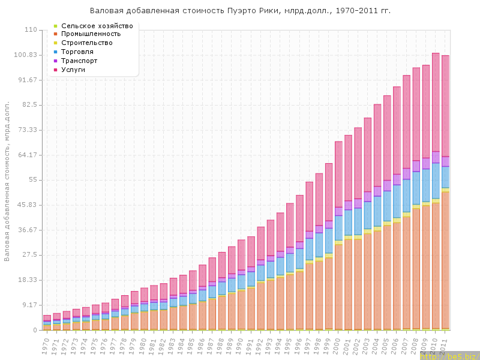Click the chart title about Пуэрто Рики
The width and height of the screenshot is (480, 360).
click(x=240, y=11)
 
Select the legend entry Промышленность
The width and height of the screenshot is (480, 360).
click(x=95, y=34)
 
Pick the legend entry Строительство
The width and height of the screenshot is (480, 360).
click(x=91, y=43)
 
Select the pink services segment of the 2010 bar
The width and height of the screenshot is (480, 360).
click(x=436, y=102)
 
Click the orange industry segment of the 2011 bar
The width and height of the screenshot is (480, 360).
click(x=445, y=258)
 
